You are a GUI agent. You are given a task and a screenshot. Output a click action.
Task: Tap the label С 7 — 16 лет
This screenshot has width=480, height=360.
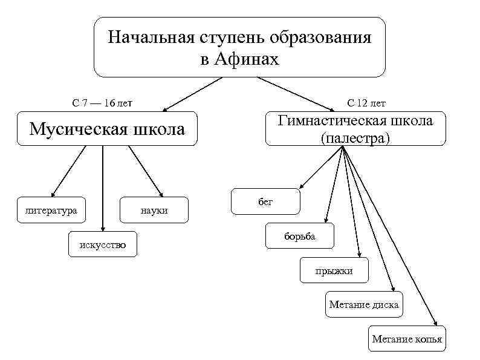[102, 103]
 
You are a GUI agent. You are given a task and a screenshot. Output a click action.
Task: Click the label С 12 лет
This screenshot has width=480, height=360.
[366, 103]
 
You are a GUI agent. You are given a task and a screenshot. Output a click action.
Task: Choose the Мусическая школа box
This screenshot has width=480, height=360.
[107, 129]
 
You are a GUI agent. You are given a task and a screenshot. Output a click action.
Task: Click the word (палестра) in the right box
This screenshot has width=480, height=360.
[355, 138]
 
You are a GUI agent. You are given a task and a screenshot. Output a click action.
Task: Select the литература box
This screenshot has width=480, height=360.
[51, 210]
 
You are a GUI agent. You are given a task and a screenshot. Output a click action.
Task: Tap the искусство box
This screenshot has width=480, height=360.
[103, 244]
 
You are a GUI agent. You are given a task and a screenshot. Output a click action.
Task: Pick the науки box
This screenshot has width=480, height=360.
[154, 210]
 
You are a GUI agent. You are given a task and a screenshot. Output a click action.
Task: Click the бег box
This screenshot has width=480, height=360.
[265, 201]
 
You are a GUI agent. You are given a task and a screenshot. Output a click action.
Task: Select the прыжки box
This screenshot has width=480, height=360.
[334, 270]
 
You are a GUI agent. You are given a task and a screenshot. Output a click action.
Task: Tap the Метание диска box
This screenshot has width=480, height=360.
[364, 304]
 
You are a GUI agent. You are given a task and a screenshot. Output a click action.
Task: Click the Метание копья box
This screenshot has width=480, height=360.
[407, 339]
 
